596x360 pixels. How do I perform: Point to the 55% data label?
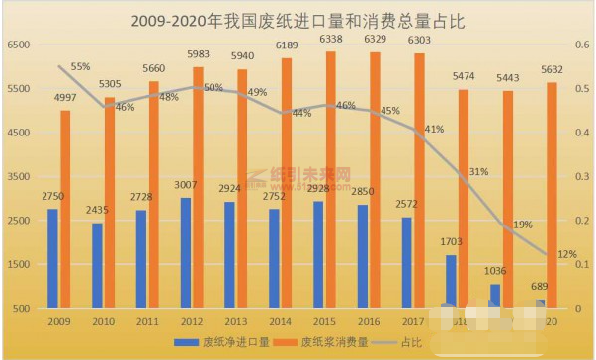click(80, 67)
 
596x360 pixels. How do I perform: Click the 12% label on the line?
click(567, 254)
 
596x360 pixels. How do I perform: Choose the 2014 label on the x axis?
click(280, 322)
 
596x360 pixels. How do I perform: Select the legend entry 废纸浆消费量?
click(332, 341)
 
